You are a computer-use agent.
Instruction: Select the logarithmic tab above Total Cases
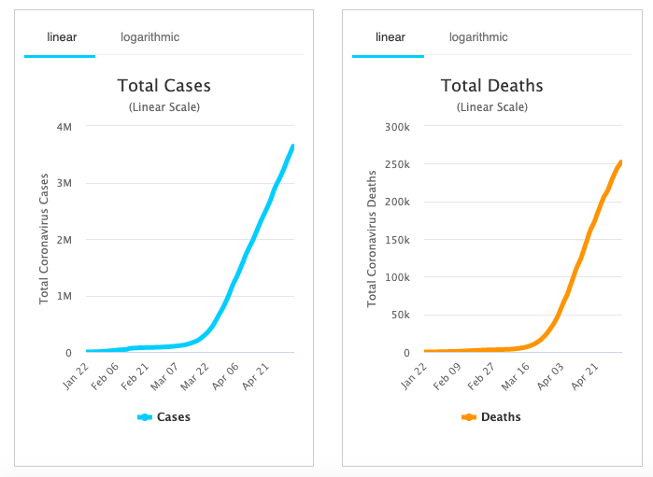[149, 37]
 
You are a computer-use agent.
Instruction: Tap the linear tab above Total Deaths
[390, 37]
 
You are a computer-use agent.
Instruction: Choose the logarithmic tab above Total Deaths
[478, 37]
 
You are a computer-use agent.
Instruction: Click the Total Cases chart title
[163, 86]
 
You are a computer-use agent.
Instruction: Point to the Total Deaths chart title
[491, 86]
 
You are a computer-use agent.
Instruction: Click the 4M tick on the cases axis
[64, 126]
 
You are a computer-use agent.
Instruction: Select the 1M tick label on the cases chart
[64, 296]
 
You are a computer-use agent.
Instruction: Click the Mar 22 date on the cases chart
[194, 376]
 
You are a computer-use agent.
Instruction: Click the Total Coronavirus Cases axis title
[44, 239]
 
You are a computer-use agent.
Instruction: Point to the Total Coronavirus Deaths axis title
[372, 239]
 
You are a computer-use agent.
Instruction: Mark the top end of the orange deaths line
[620, 162]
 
